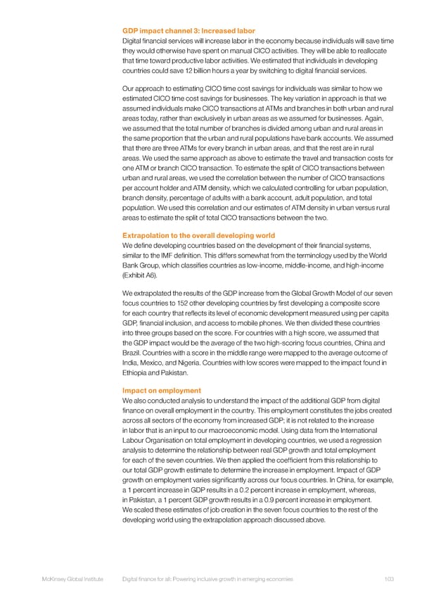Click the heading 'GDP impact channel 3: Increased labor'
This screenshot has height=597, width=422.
click(x=188, y=31)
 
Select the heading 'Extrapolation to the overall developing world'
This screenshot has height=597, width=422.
click(x=198, y=235)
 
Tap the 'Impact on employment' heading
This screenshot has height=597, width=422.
click(x=161, y=390)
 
